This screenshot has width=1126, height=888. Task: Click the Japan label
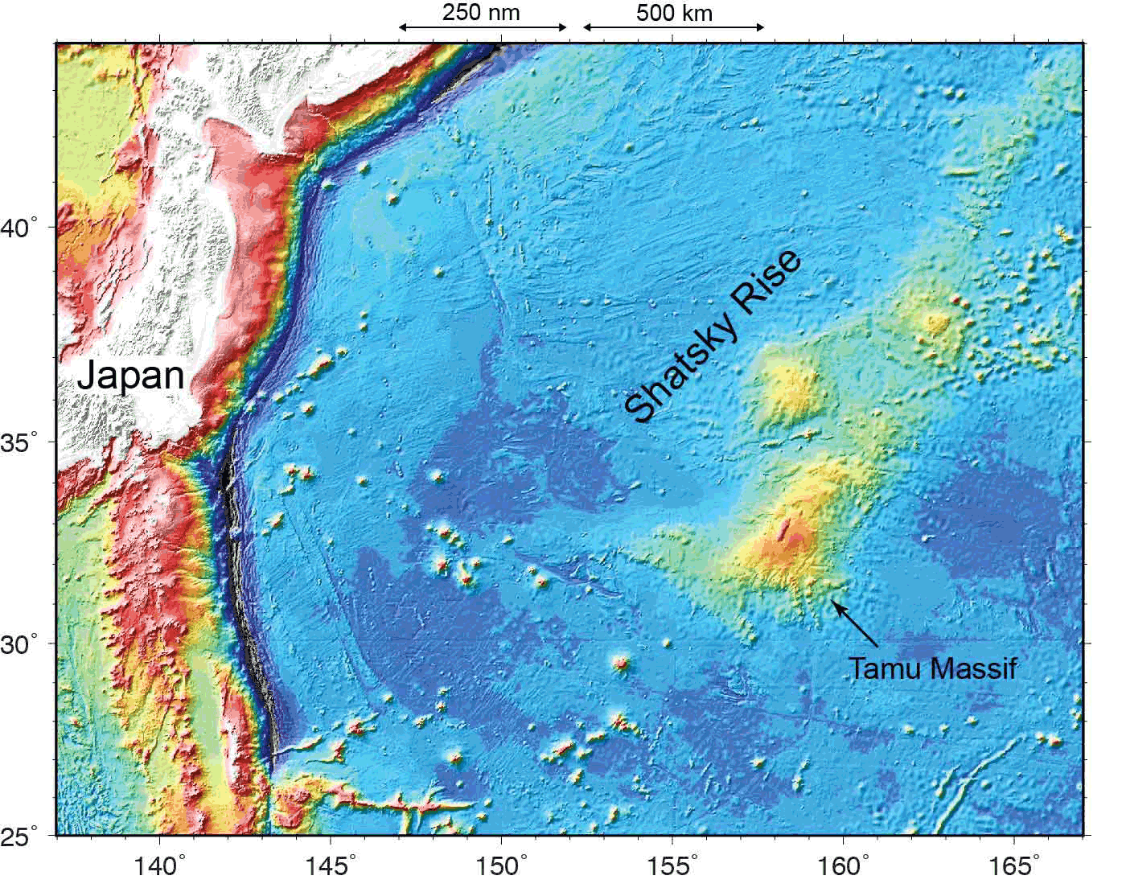130,376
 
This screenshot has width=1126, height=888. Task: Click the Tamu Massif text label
933,668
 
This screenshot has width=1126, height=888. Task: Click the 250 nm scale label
481,13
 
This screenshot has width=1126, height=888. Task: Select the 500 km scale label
674,13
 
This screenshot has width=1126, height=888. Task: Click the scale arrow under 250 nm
483,27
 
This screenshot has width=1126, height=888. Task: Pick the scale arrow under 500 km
673,27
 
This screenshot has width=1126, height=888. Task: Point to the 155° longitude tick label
676,867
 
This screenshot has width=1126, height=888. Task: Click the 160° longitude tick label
847,867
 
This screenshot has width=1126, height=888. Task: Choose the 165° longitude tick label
1017,867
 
